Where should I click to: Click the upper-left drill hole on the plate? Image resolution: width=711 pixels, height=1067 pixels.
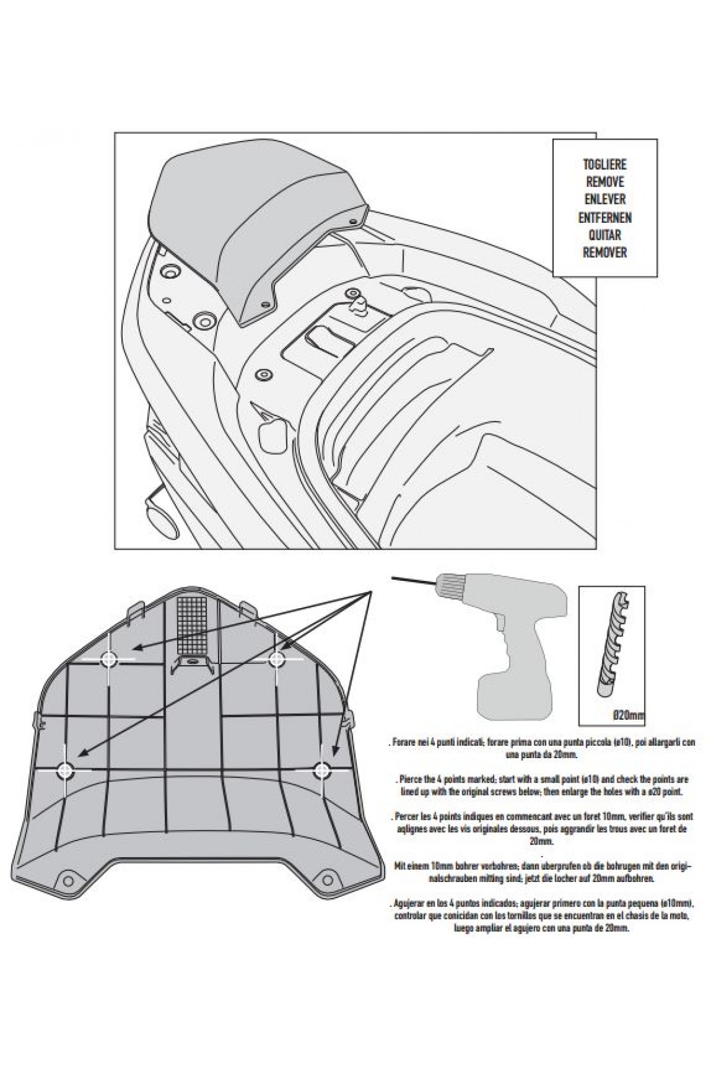[x=109, y=659]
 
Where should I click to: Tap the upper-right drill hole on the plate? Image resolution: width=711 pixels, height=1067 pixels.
[x=277, y=658]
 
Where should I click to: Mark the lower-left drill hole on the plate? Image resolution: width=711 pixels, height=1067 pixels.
[x=65, y=770]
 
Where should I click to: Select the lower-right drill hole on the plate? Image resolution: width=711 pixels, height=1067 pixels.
[x=322, y=771]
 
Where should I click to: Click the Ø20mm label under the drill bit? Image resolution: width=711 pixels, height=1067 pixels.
[x=629, y=716]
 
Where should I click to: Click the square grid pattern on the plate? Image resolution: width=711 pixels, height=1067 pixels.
[x=191, y=622]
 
